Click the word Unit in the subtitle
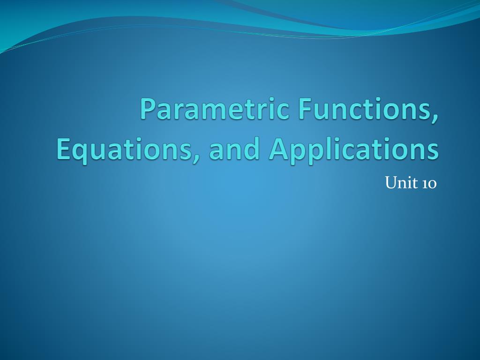click(x=399, y=183)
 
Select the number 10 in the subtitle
click(x=429, y=183)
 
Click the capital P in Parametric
click(x=147, y=109)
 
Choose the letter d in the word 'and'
click(x=251, y=149)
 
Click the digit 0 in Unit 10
click(x=432, y=184)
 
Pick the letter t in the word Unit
click(x=411, y=183)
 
